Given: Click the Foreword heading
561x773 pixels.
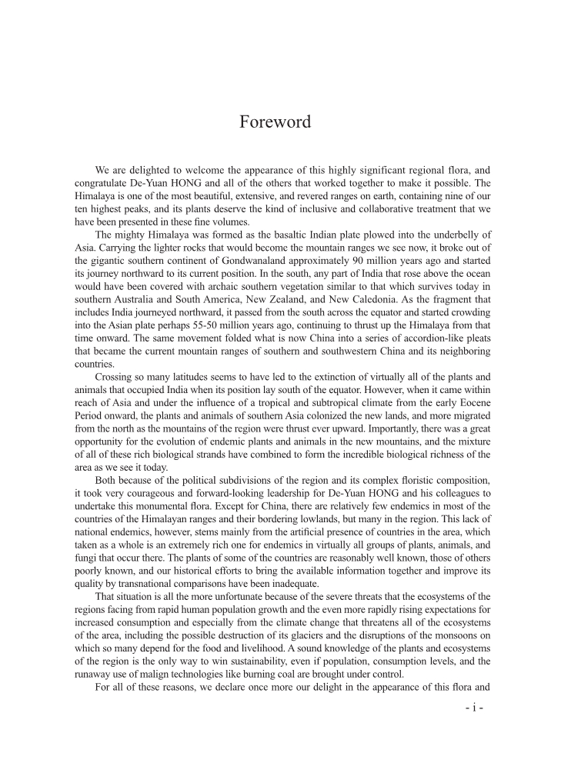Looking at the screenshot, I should click(275, 122).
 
